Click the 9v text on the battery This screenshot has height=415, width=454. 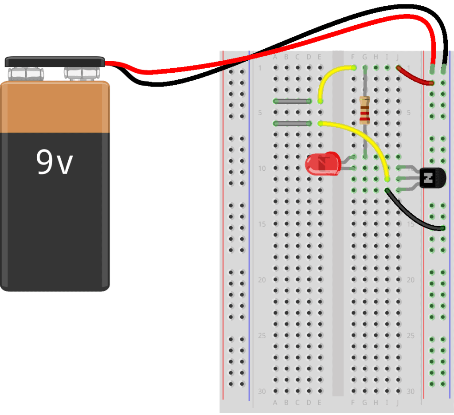click(x=54, y=163)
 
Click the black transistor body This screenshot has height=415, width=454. click(x=432, y=179)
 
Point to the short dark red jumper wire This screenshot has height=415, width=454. click(x=415, y=76)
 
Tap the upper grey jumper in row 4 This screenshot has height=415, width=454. click(x=292, y=101)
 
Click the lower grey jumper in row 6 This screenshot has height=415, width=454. click(x=292, y=123)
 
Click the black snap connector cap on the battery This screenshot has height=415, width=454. click(x=55, y=62)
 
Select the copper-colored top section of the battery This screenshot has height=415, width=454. click(x=55, y=107)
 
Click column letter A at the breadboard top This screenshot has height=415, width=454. click(x=275, y=57)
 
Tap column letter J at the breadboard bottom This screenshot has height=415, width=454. click(x=398, y=403)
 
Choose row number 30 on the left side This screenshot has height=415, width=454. click(x=262, y=392)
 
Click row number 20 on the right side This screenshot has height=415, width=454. click(x=411, y=280)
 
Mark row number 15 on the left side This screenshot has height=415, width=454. click(x=262, y=224)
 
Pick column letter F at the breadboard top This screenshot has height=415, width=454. click(x=353, y=57)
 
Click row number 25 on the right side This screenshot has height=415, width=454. click(x=411, y=336)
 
